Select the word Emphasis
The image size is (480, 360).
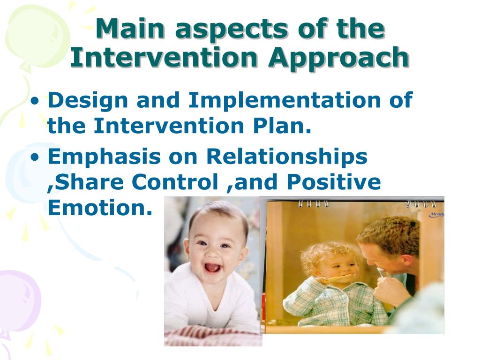pos(104,157)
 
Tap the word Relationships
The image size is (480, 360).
pos(287,157)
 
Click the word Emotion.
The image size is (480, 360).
pos(100,208)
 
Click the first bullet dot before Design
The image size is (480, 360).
pos(36,101)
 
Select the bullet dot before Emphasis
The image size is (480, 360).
pos(36,157)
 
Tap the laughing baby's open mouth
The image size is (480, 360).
pos(212,267)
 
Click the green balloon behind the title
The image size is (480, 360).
pos(37,37)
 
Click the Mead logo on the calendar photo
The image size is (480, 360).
pos(436,215)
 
